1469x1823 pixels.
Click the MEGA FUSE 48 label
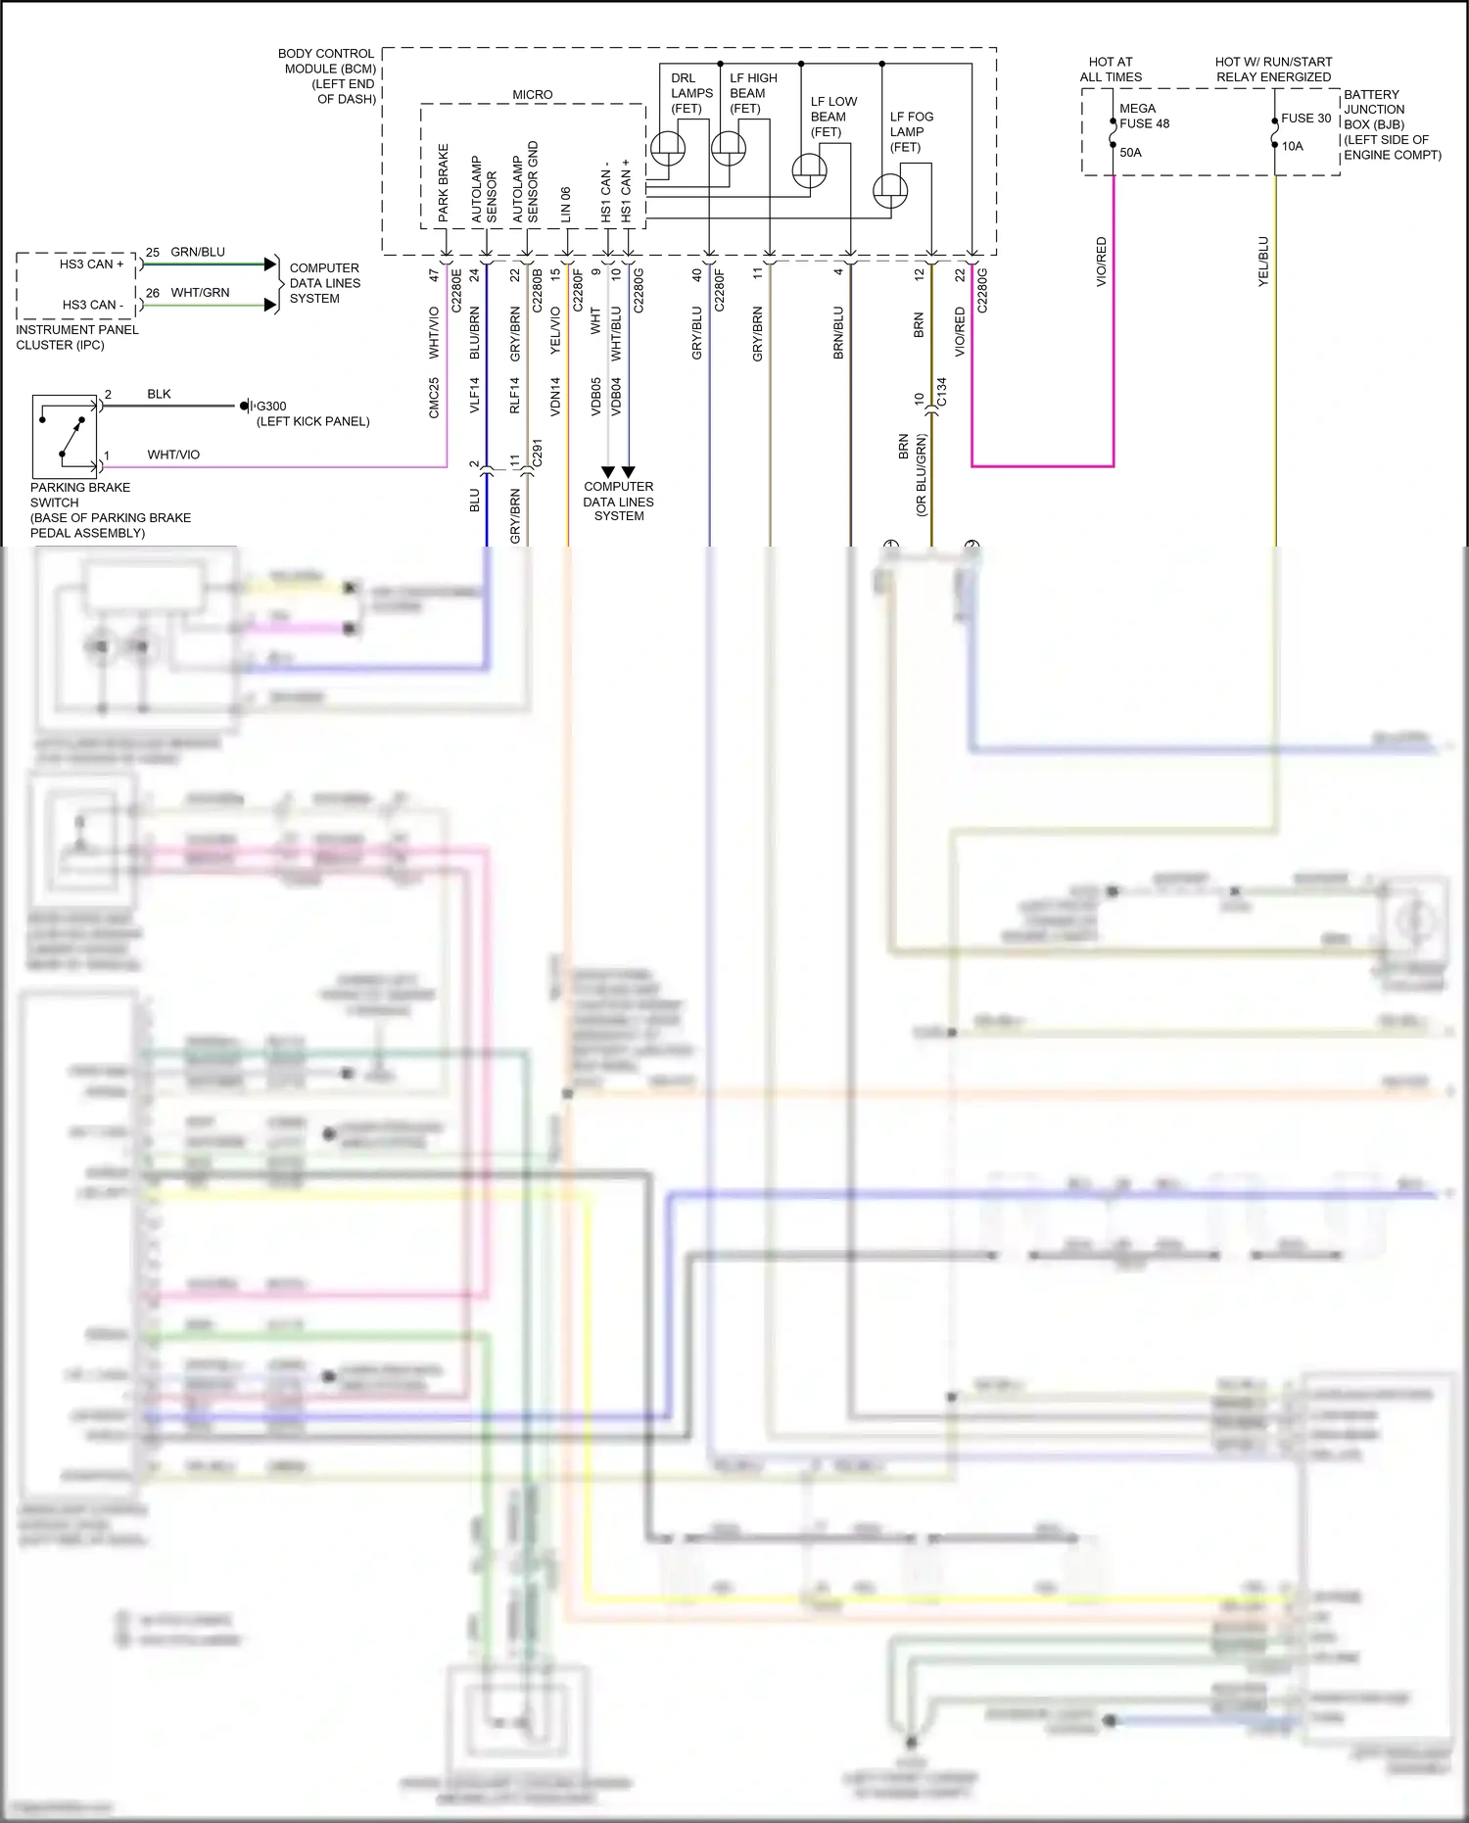coord(1144,116)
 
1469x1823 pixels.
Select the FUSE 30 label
coord(1305,119)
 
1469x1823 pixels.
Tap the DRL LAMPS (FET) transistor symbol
coord(668,148)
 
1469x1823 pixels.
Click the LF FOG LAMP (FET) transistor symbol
coord(889,190)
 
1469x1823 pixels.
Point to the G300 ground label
coord(271,406)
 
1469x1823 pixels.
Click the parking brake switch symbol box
coord(65,435)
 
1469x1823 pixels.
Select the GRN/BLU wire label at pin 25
coord(198,252)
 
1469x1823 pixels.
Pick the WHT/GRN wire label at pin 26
coord(200,293)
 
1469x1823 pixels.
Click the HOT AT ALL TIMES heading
coord(1111,69)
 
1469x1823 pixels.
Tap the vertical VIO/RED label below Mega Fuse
coord(1101,262)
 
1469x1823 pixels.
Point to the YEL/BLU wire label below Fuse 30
coord(1263,262)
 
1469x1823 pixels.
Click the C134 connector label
coord(942,392)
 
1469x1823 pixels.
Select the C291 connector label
coord(537,453)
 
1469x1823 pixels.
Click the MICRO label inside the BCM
coord(532,95)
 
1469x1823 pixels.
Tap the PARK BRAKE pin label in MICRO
coord(443,182)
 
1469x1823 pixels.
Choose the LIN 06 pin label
coord(565,205)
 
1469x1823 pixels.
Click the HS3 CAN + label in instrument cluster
coord(91,264)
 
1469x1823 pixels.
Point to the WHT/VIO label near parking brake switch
coord(173,455)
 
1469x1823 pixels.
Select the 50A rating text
coord(1130,153)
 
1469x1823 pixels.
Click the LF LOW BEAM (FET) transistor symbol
coord(809,170)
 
